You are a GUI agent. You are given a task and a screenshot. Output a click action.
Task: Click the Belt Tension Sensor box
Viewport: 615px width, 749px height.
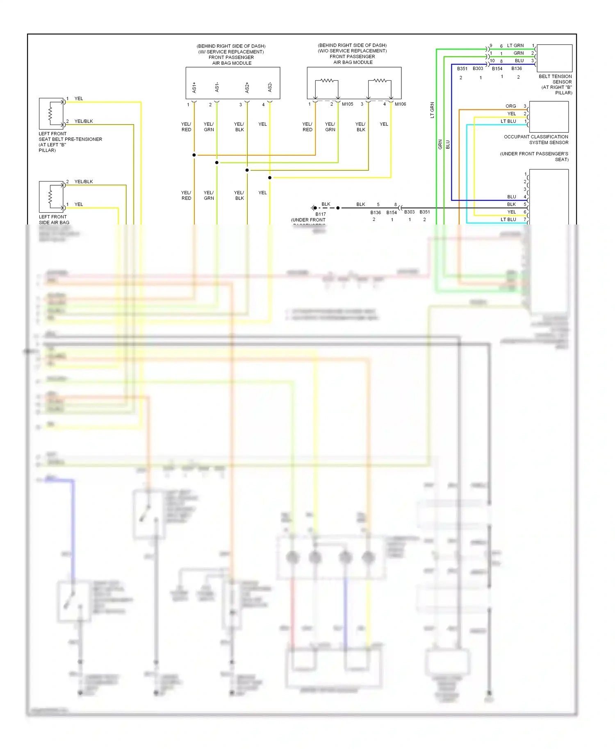(x=554, y=58)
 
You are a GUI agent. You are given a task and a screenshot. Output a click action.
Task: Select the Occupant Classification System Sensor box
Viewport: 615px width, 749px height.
(x=549, y=117)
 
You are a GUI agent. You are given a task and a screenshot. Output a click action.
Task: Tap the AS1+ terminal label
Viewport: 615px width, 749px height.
(x=194, y=87)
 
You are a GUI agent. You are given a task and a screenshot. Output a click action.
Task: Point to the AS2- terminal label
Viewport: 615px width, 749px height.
(x=270, y=87)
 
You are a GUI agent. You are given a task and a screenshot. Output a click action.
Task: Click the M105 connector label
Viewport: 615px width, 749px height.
(x=347, y=104)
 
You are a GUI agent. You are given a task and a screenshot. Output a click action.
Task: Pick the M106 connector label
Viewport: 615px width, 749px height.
(x=400, y=104)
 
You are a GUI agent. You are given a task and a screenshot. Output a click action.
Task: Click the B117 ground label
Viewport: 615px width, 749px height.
(x=321, y=214)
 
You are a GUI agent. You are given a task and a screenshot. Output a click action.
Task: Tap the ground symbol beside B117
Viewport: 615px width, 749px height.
(x=314, y=208)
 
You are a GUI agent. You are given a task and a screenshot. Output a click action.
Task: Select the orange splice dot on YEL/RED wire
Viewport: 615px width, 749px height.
(x=194, y=155)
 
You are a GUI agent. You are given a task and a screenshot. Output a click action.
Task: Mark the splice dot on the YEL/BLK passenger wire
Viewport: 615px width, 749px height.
(x=247, y=170)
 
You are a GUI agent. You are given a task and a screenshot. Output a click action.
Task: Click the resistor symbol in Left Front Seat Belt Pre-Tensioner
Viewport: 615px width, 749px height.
(x=50, y=113)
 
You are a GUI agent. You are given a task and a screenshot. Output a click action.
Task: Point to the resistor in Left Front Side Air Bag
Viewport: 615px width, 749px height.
(x=50, y=196)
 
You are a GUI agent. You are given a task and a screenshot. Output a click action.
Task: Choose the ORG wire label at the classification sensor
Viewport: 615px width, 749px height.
(x=511, y=106)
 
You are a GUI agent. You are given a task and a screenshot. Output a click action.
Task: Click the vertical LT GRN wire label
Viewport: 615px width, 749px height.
(x=432, y=110)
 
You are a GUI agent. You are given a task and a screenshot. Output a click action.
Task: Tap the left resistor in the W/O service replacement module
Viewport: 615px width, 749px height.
(x=327, y=81)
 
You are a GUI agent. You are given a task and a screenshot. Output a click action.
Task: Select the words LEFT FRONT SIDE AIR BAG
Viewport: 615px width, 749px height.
(x=54, y=220)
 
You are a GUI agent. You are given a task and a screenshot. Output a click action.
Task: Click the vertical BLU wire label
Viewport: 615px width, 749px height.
(x=448, y=145)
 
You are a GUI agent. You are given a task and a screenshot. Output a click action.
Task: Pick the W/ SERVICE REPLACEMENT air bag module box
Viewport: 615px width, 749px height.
(x=233, y=83)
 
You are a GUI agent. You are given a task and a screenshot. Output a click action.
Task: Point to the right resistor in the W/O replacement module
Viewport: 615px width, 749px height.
(x=380, y=81)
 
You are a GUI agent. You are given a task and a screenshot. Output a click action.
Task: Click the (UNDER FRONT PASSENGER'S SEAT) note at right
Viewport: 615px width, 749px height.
(x=534, y=157)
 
